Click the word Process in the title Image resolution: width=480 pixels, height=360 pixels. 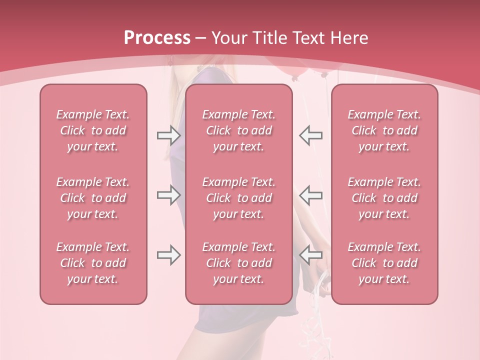157,38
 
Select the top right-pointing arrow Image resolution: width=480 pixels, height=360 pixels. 168,135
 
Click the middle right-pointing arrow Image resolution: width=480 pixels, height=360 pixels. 168,195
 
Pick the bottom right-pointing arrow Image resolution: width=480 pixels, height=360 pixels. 168,255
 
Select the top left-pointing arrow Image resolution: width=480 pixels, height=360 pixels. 310,135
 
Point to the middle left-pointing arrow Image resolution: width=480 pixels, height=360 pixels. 310,195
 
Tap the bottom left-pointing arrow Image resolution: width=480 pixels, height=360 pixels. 310,255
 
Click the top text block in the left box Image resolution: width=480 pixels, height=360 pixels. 93,130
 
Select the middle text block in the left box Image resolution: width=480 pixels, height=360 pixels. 93,198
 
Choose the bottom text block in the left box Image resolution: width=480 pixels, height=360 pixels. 93,263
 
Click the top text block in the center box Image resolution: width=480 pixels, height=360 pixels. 239,130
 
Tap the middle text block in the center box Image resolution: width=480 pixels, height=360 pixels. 239,198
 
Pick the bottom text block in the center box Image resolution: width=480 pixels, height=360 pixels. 239,263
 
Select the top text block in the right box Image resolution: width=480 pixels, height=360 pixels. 384,130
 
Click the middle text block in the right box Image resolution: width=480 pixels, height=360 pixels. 384,198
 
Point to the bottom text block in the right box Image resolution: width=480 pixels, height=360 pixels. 384,263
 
